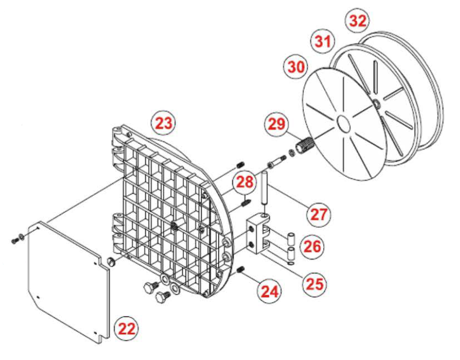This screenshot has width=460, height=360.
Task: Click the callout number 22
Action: pyautogui.click(x=126, y=329)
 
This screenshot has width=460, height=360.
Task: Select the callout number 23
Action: pyautogui.click(x=163, y=123)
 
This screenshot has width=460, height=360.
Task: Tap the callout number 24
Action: pyautogui.click(x=269, y=291)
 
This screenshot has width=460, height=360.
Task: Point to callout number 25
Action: pyautogui.click(x=315, y=283)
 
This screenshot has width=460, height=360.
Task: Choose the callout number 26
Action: pyautogui.click(x=312, y=246)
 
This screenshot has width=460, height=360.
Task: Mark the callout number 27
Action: pyautogui.click(x=318, y=214)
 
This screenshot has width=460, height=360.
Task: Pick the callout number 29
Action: pyautogui.click(x=276, y=124)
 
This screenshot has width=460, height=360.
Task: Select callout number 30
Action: pyautogui.click(x=296, y=67)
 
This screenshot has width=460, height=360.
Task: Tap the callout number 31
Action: pyautogui.click(x=323, y=41)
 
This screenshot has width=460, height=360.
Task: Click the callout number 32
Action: pyautogui.click(x=358, y=21)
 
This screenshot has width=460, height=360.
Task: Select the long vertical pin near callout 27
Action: pyautogui.click(x=264, y=188)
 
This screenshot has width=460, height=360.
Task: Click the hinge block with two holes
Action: pyautogui.click(x=258, y=234)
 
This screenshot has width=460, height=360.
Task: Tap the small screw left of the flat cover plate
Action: pyautogui.click(x=15, y=241)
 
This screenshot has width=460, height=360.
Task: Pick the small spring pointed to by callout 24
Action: pyautogui.click(x=241, y=268)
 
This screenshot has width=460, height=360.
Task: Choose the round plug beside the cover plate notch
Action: pyautogui.click(x=110, y=261)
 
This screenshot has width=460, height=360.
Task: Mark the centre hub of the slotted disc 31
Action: pyautogui.click(x=376, y=103)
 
